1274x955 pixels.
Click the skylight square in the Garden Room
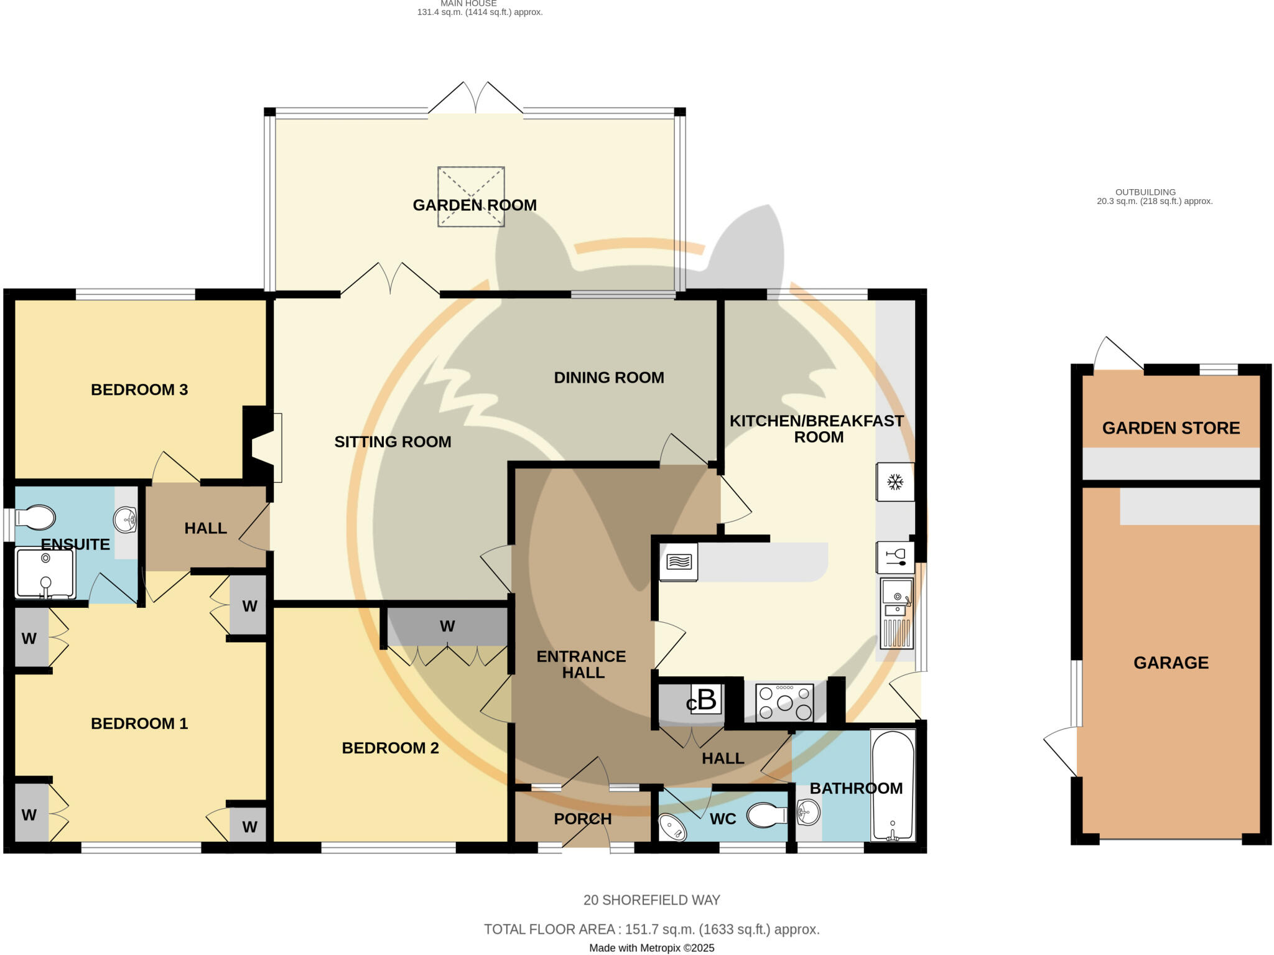471,197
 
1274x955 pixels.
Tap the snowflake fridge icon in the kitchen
895,482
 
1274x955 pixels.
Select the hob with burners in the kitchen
785,702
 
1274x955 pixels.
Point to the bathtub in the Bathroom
893,786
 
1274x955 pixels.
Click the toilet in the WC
767,815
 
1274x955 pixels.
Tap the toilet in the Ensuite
36,518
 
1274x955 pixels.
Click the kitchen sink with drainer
896,613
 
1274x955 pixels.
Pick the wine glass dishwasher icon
895,557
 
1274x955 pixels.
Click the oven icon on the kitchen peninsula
678,562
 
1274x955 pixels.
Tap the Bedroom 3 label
139,390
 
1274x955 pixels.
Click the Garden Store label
1171,428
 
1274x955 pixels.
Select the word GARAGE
1171,663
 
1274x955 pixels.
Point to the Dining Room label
608,378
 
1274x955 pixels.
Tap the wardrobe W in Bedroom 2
447,627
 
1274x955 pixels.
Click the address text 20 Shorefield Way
651,900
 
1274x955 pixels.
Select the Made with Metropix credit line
651,948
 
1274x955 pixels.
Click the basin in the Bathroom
808,812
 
